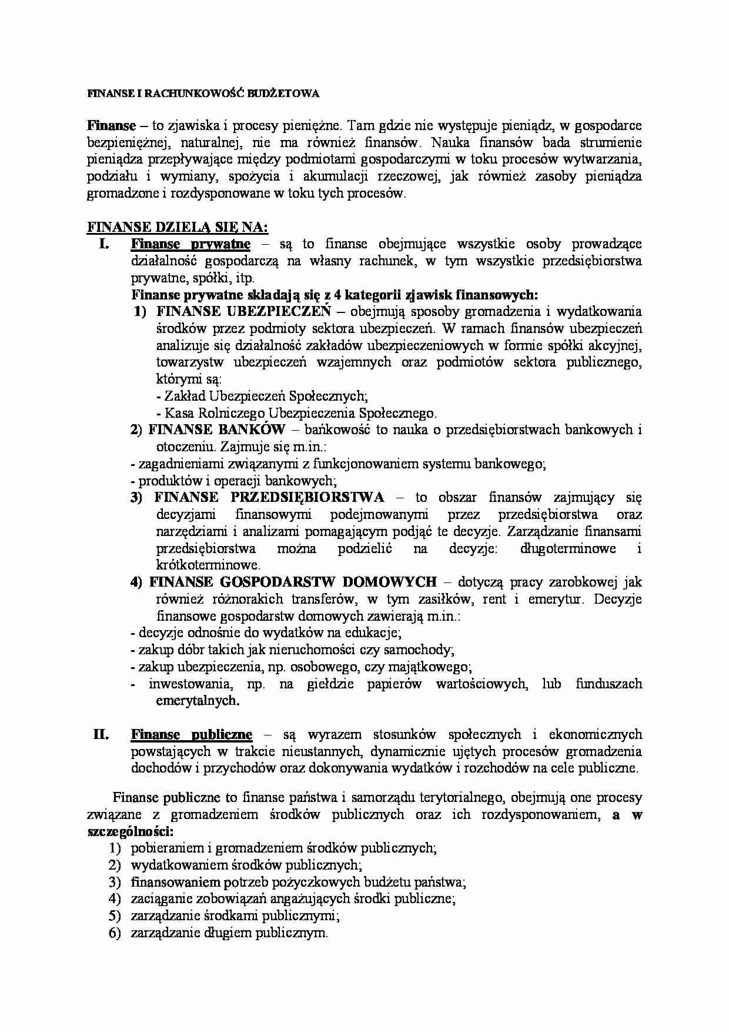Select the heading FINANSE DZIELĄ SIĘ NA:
pos(177,227)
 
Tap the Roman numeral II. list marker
pos(101,734)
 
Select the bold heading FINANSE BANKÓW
pos(216,430)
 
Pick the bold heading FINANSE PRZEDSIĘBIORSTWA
pos(269,497)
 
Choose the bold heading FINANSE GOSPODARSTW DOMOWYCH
pos(293,582)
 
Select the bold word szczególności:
pos(130,832)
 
